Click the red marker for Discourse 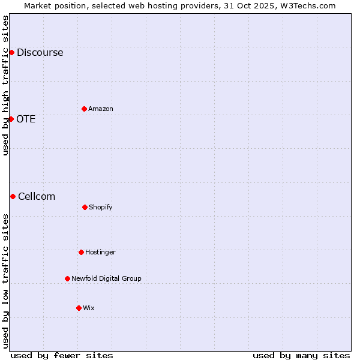coord(11,52)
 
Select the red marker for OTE coord(11,119)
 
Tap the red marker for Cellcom coord(13,196)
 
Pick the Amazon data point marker coord(84,109)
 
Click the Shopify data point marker coord(85,207)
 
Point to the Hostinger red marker coord(81,252)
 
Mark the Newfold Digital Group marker coord(67,278)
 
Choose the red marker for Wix coord(79,308)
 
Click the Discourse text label coord(40,52)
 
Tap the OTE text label coord(26,119)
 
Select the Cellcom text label coord(37,196)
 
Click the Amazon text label coord(101,109)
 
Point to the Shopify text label coord(101,207)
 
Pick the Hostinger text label coord(100,252)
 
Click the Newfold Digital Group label coord(106,278)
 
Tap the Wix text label coord(89,308)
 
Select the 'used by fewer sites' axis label coord(62,355)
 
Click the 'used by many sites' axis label coord(301,355)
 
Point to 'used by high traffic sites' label coord(5,85)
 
